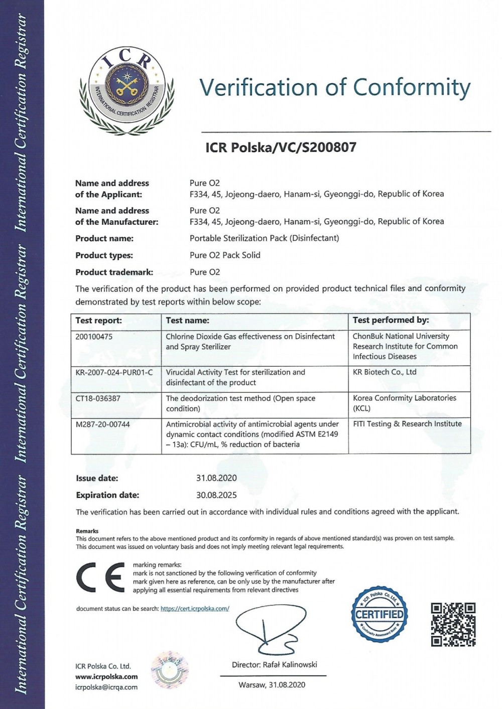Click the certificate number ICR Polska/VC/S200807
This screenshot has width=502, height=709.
click(281, 148)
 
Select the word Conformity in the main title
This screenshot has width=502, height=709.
click(412, 87)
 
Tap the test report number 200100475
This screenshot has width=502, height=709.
click(94, 337)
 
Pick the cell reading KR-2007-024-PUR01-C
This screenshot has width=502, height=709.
click(114, 372)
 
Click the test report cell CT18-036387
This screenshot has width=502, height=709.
click(98, 398)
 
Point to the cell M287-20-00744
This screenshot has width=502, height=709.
click(102, 424)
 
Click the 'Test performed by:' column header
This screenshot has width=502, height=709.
click(391, 320)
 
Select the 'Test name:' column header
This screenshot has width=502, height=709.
click(187, 320)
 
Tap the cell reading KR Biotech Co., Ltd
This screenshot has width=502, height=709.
click(385, 372)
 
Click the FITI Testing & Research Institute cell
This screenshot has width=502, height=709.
click(407, 424)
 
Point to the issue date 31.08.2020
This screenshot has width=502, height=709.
click(216, 478)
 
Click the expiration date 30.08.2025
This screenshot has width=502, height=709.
click(216, 495)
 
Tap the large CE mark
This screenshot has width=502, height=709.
click(100, 578)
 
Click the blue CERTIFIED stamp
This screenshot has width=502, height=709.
click(380, 614)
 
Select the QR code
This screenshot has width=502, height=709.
click(453, 625)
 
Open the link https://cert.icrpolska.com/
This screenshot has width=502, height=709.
click(195, 609)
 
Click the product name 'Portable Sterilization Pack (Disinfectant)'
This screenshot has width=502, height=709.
click(264, 238)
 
